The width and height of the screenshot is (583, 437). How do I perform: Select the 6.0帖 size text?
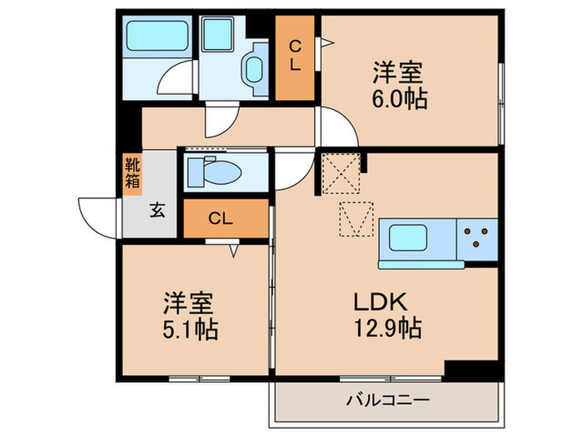[x=400, y=99]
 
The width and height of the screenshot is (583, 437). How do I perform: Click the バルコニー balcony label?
[x=388, y=401]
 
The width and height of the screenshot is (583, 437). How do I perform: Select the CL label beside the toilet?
[x=220, y=219]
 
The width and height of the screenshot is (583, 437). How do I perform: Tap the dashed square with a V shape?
[x=353, y=218]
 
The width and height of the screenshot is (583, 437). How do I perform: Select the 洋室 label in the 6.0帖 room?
[x=400, y=73]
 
